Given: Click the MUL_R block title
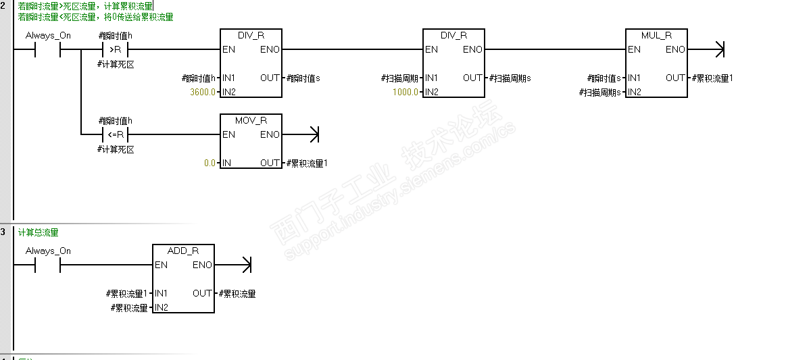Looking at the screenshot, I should tap(656, 35).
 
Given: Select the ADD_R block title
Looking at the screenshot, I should tap(183, 251).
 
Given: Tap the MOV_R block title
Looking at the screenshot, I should tap(251, 120).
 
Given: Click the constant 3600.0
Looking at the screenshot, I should tap(203, 91).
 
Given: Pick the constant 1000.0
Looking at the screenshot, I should tap(406, 91).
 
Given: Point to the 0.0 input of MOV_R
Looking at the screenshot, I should tap(210, 163).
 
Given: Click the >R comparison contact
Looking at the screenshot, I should tap(116, 49).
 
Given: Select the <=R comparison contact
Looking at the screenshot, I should tap(116, 134).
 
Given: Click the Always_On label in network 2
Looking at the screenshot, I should tap(48, 35).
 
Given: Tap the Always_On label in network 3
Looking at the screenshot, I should tap(48, 251).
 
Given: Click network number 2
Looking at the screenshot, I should tap(3, 5).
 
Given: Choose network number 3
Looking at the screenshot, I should tap(3, 232).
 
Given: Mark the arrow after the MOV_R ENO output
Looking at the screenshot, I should tap(312, 134).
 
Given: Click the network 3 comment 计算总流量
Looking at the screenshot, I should tap(39, 232).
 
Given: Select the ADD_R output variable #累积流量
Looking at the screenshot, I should tap(237, 294).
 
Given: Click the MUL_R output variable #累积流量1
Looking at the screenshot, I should tap(712, 78).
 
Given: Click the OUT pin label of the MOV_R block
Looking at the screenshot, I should tap(270, 163).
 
